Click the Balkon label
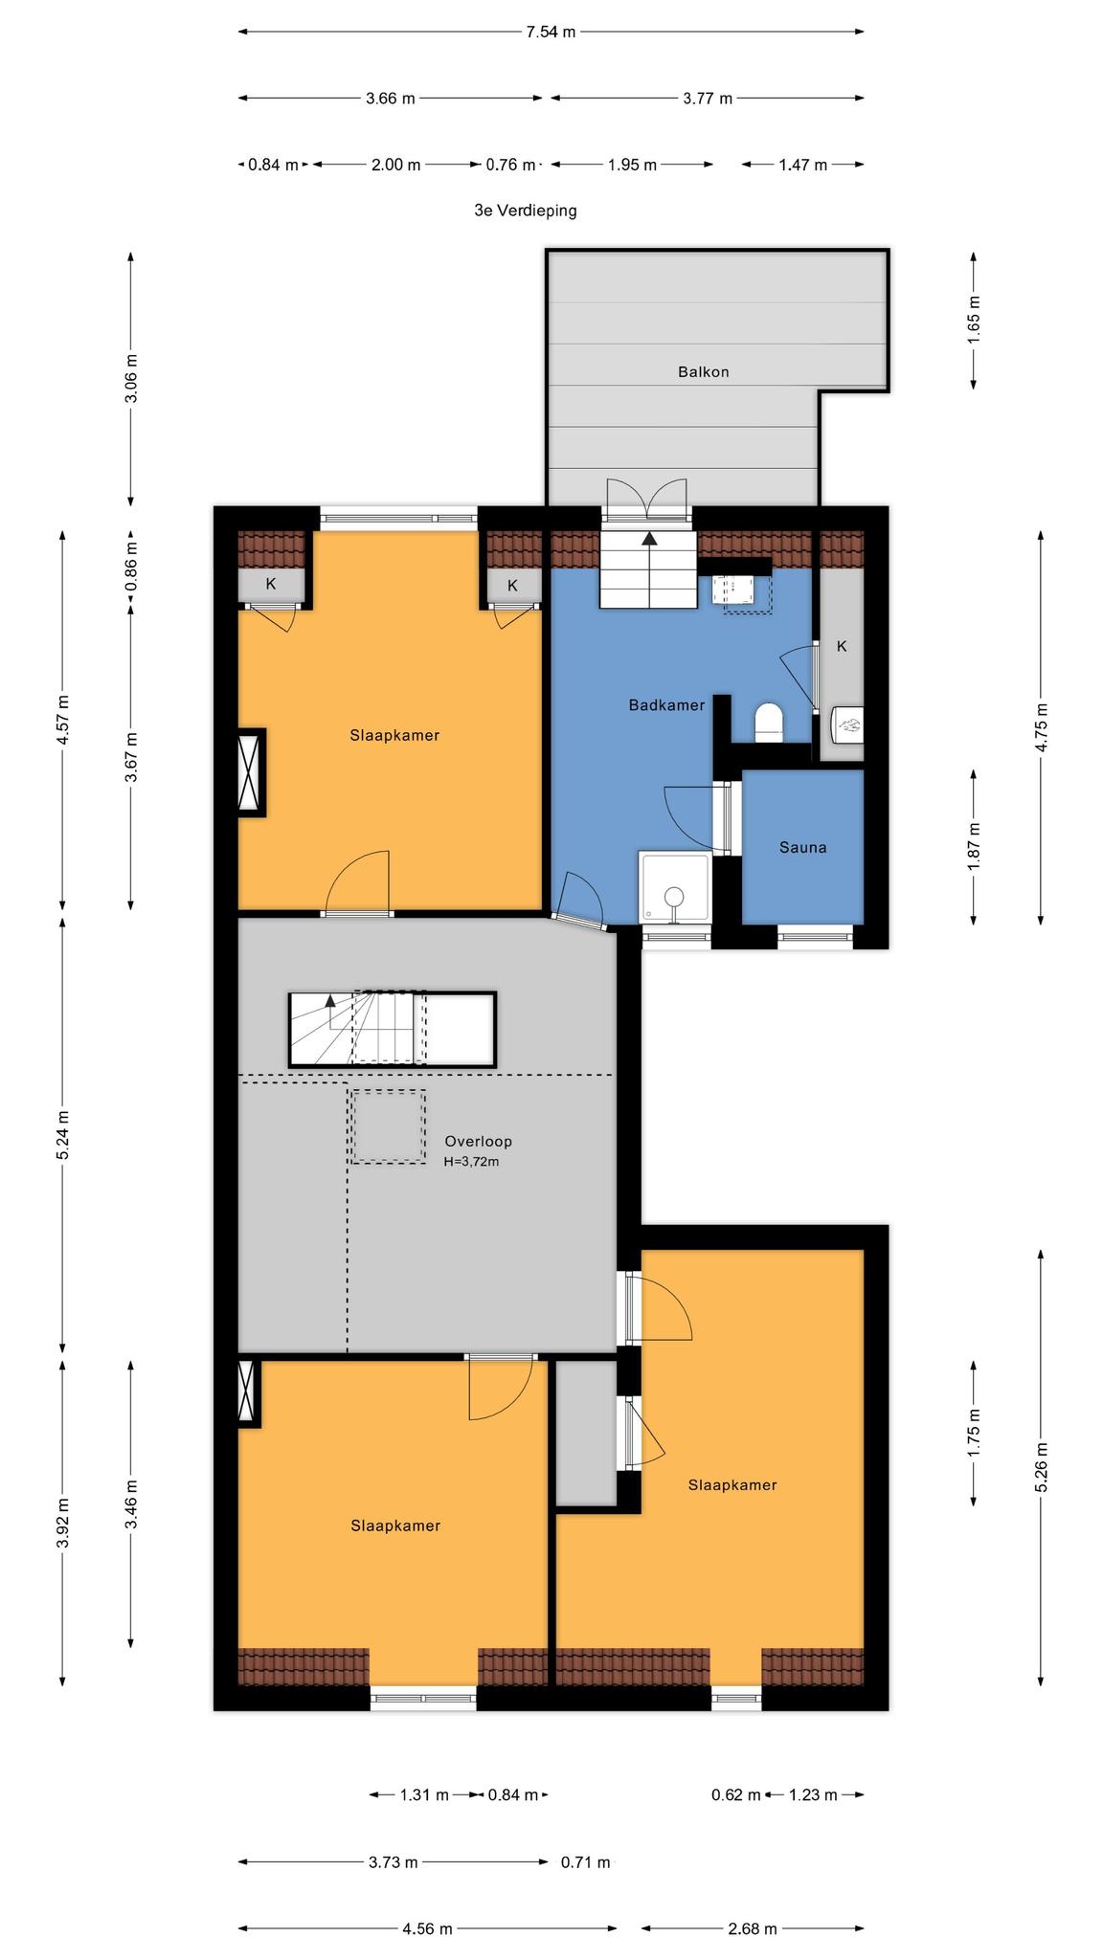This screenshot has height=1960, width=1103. click(x=703, y=371)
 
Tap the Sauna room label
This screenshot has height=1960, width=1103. click(x=802, y=847)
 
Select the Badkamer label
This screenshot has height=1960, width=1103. click(x=666, y=705)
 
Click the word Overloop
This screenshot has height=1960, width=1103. click(x=478, y=1141)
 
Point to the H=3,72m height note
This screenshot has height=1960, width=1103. click(x=471, y=1162)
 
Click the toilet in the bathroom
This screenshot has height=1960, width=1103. click(x=769, y=723)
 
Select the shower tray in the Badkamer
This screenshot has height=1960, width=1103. click(x=675, y=887)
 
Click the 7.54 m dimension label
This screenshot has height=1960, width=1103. click(x=551, y=32)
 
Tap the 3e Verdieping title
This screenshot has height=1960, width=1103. click(x=526, y=210)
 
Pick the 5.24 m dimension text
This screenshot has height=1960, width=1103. click(x=63, y=1135)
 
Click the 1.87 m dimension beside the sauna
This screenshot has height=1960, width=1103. click(x=974, y=846)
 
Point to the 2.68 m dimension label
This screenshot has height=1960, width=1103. click(x=752, y=1928)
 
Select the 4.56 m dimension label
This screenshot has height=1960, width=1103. click(x=427, y=1928)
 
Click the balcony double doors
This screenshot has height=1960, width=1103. click(x=648, y=499)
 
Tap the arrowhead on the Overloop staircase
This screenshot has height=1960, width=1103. click(x=330, y=1001)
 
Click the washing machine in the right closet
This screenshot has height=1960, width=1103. click(x=848, y=725)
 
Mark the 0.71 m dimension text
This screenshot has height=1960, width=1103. click(x=585, y=1861)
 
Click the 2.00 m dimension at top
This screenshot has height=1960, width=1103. click(x=395, y=165)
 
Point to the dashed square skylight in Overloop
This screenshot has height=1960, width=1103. click(x=388, y=1126)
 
